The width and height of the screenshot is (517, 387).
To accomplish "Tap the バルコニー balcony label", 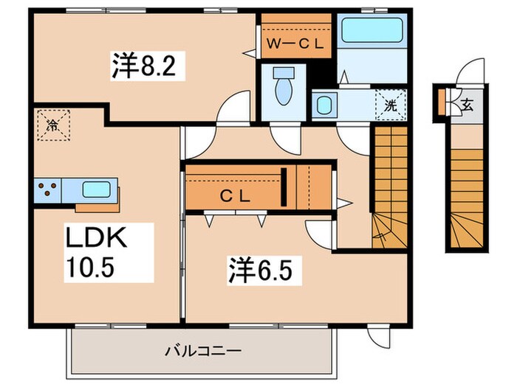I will (202, 350).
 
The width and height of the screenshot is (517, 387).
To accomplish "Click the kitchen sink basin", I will (95, 189).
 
